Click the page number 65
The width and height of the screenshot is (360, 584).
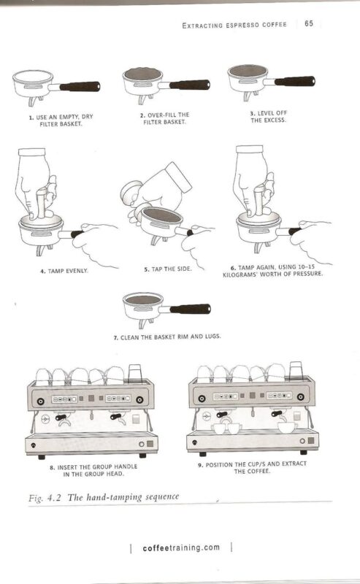pyautogui.click(x=309, y=23)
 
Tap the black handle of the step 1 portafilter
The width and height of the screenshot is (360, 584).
pyautogui.click(x=80, y=87)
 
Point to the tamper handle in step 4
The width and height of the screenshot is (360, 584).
pyautogui.click(x=41, y=203)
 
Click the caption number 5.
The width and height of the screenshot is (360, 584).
pyautogui.click(x=147, y=269)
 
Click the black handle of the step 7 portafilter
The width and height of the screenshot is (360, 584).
pyautogui.click(x=190, y=309)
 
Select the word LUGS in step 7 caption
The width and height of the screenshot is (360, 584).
pyautogui.click(x=212, y=337)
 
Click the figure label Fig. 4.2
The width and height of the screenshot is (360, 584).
pyautogui.click(x=45, y=499)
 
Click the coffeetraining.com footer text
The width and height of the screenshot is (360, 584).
pyautogui.click(x=181, y=548)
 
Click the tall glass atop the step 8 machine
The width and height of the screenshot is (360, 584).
pyautogui.click(x=135, y=374)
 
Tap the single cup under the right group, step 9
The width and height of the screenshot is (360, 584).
pyautogui.click(x=287, y=427)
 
